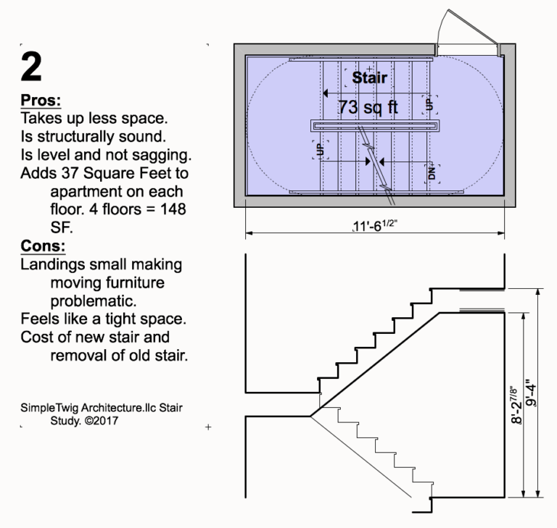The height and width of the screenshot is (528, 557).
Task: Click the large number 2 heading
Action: (33, 67)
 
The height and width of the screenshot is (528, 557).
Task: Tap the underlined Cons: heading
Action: (43, 246)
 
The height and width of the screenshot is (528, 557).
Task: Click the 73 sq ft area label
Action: (368, 107)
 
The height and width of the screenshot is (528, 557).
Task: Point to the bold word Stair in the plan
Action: (369, 77)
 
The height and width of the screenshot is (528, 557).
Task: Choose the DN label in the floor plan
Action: (432, 173)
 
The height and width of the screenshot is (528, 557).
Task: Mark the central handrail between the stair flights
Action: (375, 125)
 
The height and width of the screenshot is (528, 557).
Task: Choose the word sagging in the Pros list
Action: (164, 154)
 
